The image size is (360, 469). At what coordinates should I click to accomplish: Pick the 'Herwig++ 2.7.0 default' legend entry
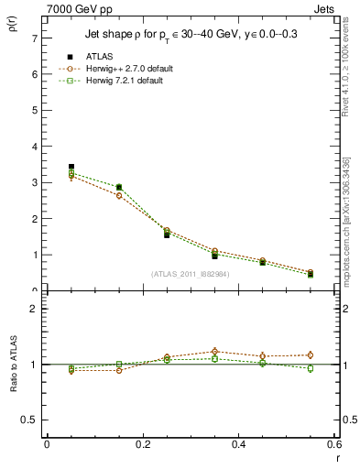coord(127,69)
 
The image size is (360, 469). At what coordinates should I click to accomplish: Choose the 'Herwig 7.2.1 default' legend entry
coord(125,81)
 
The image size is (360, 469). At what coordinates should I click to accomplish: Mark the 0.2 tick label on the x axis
coord(142,443)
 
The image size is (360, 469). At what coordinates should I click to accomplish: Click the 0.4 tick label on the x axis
coord(238,443)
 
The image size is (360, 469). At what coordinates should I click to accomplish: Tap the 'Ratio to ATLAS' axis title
coord(14,365)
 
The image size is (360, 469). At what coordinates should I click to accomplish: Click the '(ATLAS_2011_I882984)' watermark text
coord(191,274)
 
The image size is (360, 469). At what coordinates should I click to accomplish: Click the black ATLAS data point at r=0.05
coord(71,167)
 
